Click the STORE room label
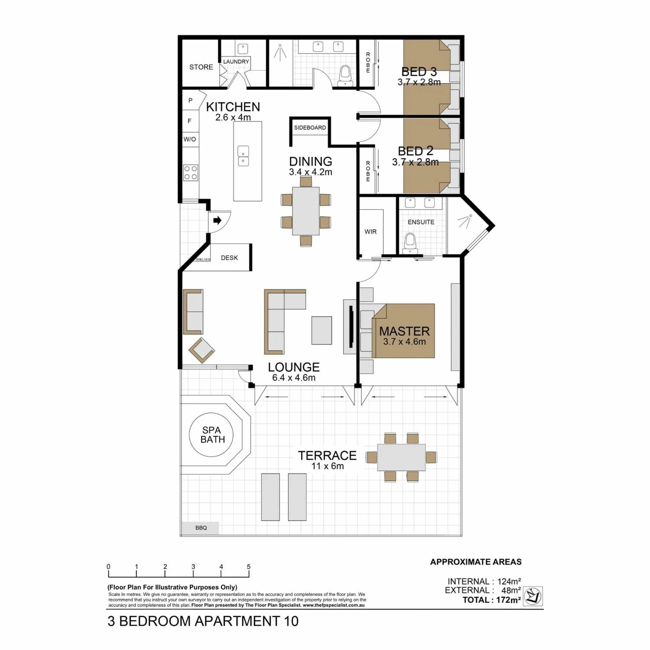click(201, 67)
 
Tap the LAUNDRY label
click(236, 61)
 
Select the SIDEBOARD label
click(310, 127)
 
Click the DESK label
click(230, 258)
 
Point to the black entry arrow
click(217, 221)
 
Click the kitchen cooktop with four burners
click(190, 173)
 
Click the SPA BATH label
click(213, 435)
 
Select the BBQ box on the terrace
click(201, 528)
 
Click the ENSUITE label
click(421, 222)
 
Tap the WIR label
click(370, 232)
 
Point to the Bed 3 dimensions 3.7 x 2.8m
click(419, 82)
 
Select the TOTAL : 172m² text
click(492, 600)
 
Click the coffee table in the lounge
click(322, 330)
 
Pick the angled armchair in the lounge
click(202, 350)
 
